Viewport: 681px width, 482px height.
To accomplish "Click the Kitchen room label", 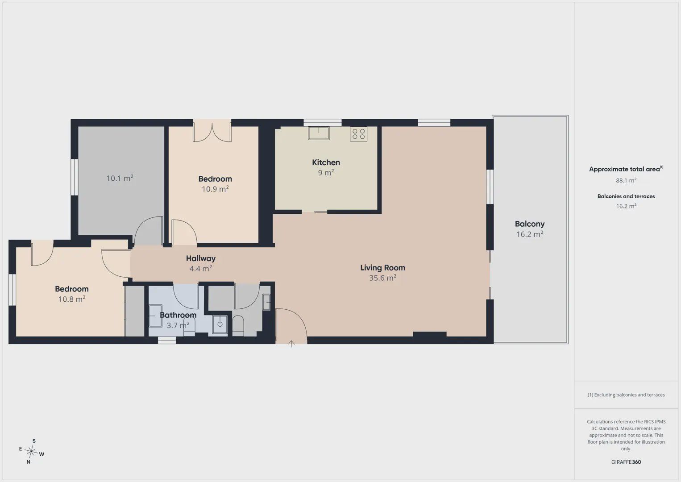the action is coord(326,162).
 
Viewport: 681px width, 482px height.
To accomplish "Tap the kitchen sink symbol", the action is coord(319,133).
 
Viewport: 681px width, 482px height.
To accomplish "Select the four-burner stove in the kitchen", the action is coord(358,134).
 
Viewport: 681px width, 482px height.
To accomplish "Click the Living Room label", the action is coord(382,268).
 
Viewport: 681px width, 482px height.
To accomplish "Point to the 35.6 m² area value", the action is coord(382,278).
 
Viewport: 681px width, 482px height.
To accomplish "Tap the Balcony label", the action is coord(530,224).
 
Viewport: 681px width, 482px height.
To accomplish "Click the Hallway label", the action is coord(201,258).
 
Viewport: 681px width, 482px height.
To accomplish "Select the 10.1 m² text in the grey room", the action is coord(120,178).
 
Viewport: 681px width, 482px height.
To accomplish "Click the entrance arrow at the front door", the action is coord(291,344).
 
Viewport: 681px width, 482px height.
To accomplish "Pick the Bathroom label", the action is coord(178,315).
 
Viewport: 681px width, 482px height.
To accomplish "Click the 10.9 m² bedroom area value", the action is coord(215,189).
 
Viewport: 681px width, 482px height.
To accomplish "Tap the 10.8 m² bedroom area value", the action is coord(72,299).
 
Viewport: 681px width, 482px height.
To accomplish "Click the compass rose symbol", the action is coord(31,451).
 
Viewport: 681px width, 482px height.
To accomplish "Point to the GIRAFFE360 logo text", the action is coord(626,462).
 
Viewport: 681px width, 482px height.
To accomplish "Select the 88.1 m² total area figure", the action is coord(626,180).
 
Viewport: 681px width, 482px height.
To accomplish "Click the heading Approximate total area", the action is coord(626,169).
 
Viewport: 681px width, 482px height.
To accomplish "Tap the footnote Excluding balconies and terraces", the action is coord(626,395).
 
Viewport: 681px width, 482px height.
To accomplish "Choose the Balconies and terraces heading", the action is coord(626,196).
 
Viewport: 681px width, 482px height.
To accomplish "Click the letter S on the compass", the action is coord(34,441).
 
